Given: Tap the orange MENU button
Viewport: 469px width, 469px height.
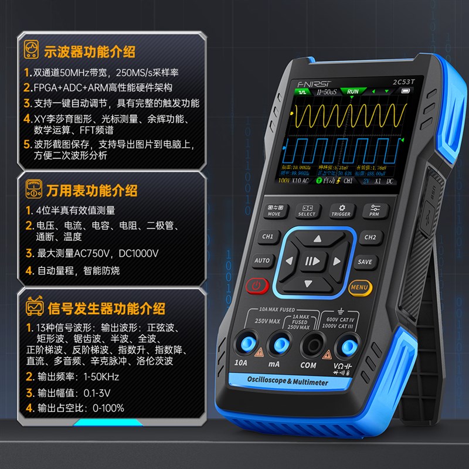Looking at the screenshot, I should pos(359,287).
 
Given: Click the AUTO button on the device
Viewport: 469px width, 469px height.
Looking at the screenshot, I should pos(262,260).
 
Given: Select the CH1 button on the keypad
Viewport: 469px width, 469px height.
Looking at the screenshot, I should pos(267,237).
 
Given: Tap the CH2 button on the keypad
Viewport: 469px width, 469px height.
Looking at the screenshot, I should pos(370,237).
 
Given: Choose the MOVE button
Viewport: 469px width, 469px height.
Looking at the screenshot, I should pos(274,210).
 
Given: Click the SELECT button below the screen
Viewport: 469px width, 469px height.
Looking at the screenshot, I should pos(307,210).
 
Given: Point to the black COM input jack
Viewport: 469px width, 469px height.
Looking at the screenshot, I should pos(309,344).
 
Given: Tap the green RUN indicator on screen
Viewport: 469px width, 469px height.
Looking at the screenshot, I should pos(352,91).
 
